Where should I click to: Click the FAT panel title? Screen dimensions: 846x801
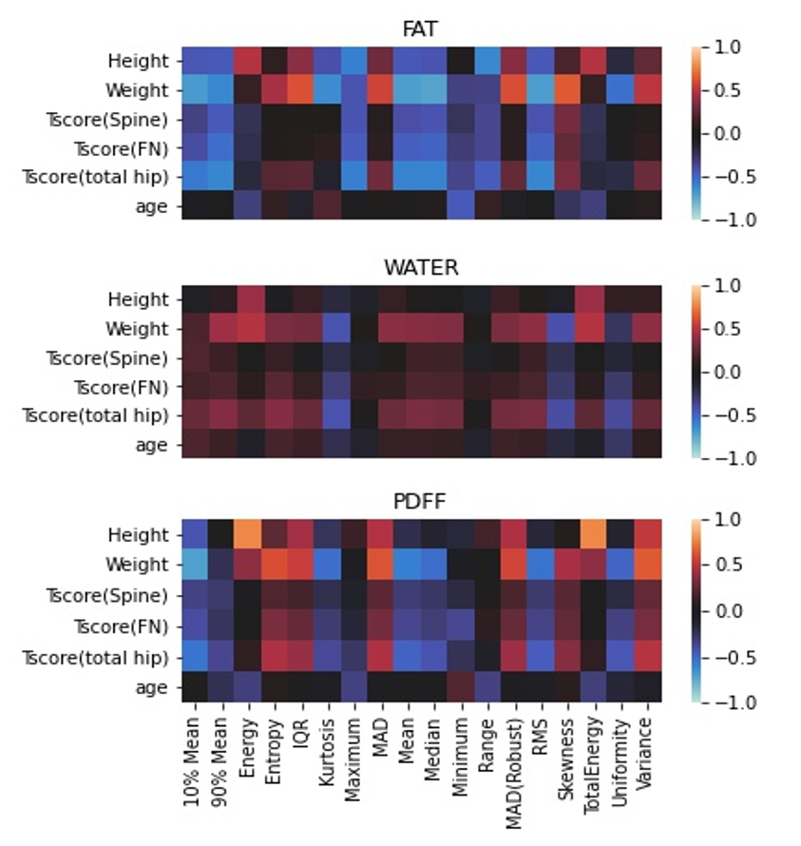tap(420, 29)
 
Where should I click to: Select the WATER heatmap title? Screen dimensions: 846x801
tap(420, 267)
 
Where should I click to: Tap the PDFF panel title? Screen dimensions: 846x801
tap(420, 503)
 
